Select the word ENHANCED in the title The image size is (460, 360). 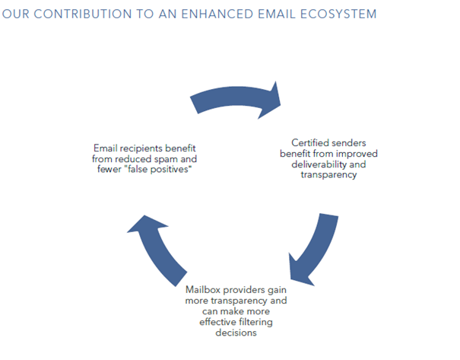pyautogui.click(x=217, y=14)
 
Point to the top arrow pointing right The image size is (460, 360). pyautogui.click(x=235, y=97)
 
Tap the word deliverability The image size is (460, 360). pyautogui.click(x=319, y=164)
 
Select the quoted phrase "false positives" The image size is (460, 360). pyautogui.click(x=160, y=169)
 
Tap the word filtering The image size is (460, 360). pyautogui.click(x=255, y=322)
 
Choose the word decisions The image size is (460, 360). pyautogui.click(x=236, y=333)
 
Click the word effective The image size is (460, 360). pyautogui.click(x=218, y=322)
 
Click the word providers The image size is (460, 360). pyautogui.click(x=243, y=290)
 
